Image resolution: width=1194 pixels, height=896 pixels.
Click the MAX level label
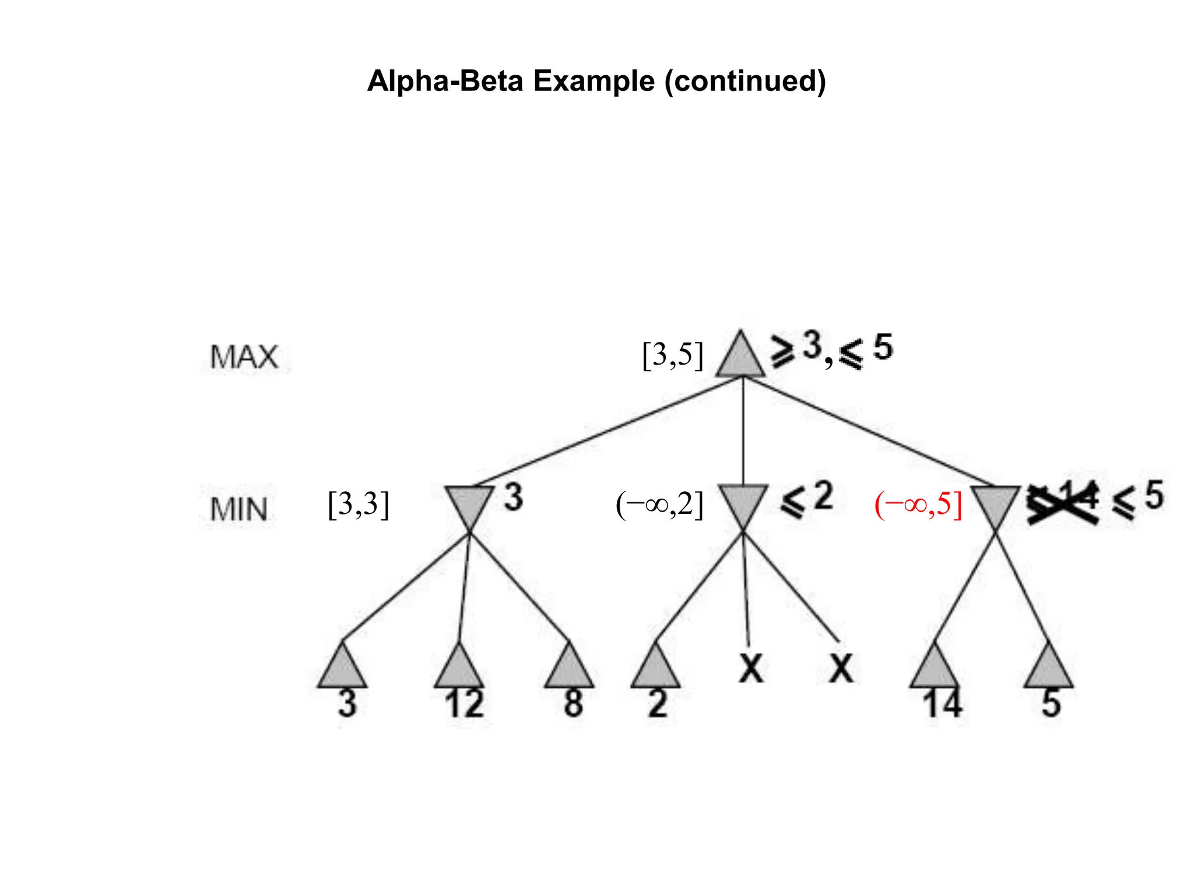(x=244, y=356)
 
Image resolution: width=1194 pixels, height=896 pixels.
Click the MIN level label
(x=239, y=509)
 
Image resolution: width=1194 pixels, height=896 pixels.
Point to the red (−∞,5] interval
(x=918, y=504)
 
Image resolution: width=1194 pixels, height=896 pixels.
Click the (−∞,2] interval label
(x=659, y=504)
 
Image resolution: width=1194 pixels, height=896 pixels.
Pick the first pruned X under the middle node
(x=751, y=668)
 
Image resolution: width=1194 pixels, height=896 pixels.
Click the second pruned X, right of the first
(x=841, y=668)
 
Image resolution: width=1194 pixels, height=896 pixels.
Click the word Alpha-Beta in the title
(x=445, y=80)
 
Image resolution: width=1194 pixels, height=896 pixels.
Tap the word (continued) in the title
(x=745, y=80)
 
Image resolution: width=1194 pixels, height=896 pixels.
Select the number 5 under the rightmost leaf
(x=1051, y=704)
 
